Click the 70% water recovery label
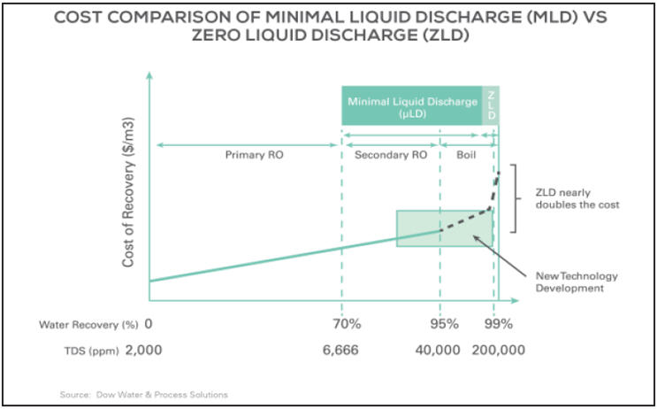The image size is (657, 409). point(341,325)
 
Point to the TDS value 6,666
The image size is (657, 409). point(341,351)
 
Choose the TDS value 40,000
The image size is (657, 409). point(438,351)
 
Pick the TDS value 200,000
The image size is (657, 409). point(499,351)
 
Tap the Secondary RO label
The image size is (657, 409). point(390,155)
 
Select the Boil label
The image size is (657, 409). point(466,155)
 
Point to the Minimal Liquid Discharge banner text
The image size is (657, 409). point(412,106)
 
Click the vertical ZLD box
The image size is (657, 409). point(491,106)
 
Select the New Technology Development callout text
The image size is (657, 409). point(577,282)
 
